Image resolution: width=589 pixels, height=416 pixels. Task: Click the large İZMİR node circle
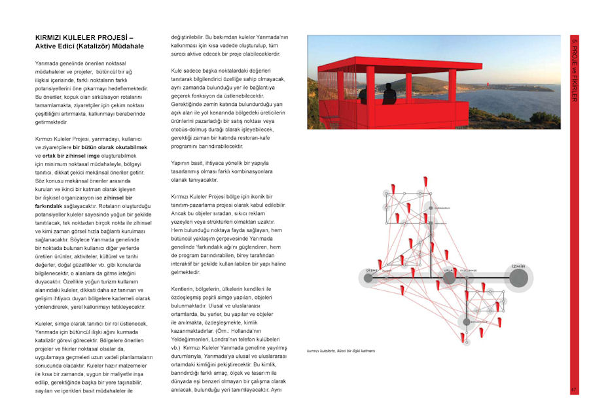519,279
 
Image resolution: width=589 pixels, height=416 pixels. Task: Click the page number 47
573,390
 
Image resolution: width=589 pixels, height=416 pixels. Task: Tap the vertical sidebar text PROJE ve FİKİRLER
574,72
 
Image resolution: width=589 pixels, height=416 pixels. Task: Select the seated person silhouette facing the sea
389,95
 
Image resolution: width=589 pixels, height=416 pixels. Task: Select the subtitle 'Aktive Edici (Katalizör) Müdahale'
90,46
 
